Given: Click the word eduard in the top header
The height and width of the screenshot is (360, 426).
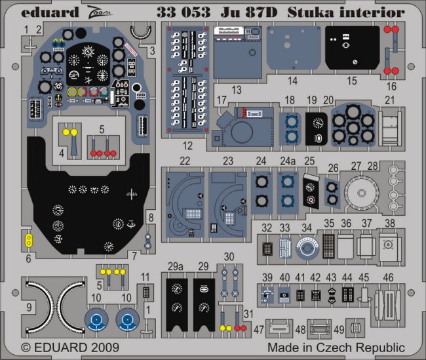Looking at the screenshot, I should [x=41, y=11].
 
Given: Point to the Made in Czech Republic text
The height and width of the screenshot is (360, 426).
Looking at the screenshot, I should [x=336, y=347].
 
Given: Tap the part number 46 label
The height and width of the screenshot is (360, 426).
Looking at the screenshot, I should [x=388, y=277].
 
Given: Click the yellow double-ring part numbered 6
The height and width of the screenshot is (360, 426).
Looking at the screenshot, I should [x=29, y=240].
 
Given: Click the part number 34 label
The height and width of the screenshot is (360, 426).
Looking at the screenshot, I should [x=305, y=228].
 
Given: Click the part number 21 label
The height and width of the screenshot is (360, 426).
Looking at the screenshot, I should [x=389, y=100].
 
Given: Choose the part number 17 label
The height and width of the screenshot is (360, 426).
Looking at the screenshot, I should [x=222, y=100].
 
